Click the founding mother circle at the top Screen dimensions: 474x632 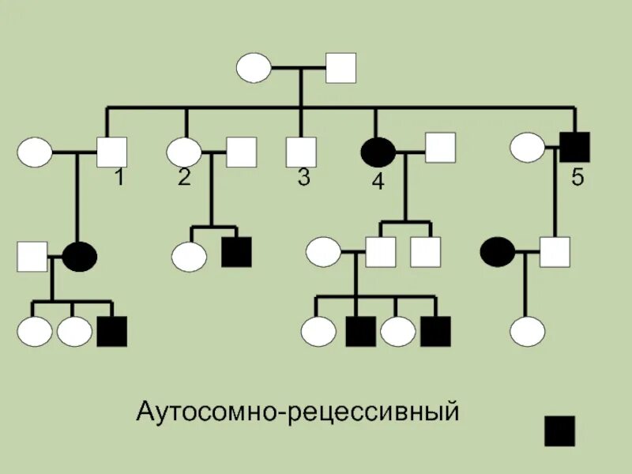(254, 69)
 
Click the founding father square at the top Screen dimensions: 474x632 (341, 69)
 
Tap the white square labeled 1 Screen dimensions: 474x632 (111, 152)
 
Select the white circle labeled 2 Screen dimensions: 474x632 (184, 152)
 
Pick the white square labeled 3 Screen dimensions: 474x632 (300, 152)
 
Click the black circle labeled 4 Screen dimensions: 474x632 (378, 152)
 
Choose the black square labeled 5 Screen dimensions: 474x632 (574, 147)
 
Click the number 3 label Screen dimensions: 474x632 (303, 179)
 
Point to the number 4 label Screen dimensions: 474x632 (378, 182)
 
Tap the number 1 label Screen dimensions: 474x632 (118, 179)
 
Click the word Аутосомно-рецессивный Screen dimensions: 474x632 (298, 412)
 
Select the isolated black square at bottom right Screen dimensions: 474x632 (559, 431)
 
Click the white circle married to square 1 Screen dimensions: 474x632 (35, 152)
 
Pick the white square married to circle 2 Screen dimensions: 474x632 (242, 152)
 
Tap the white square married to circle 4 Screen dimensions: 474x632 (441, 147)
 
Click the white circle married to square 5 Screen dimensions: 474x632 (526, 147)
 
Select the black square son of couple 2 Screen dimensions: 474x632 (236, 253)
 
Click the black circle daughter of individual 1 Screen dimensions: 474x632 (80, 256)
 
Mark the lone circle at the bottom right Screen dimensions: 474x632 (526, 331)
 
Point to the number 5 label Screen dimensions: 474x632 (577, 179)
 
